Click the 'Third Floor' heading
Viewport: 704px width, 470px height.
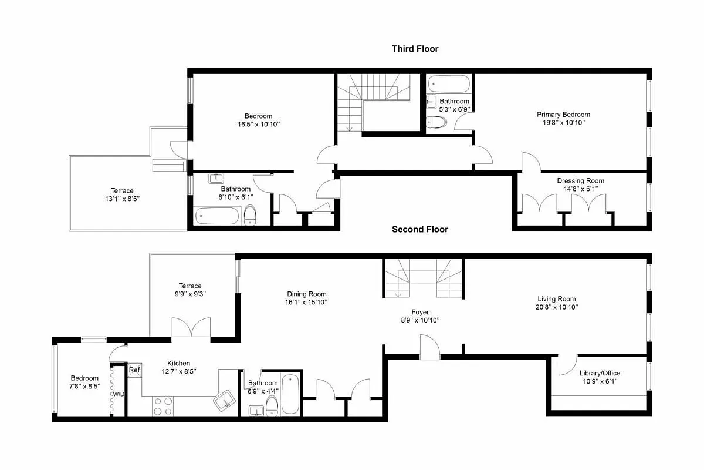pos(415,49)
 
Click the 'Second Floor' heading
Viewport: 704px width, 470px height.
pos(419,229)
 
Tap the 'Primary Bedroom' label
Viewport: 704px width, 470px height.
pos(563,115)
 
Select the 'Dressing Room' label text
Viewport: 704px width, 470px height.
pos(580,181)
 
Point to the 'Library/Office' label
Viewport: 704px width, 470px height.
pos(600,373)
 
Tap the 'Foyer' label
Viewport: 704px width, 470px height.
pos(419,312)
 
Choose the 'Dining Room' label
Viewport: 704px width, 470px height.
pos(307,294)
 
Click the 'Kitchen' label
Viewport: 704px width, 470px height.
pos(178,363)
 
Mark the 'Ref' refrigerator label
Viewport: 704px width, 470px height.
pos(134,370)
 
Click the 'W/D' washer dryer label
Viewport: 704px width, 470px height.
pos(119,394)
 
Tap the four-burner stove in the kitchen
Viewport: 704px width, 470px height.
pos(163,406)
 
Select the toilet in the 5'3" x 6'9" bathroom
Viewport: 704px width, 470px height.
pos(436,122)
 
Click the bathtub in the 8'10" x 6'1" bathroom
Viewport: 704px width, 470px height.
pos(218,216)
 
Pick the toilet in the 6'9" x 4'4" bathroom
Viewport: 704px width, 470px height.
pos(272,404)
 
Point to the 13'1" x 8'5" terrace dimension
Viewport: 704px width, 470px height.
pos(122,199)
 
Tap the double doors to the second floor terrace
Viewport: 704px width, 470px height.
pos(191,328)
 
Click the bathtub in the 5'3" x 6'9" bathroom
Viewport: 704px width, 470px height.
pos(448,84)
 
